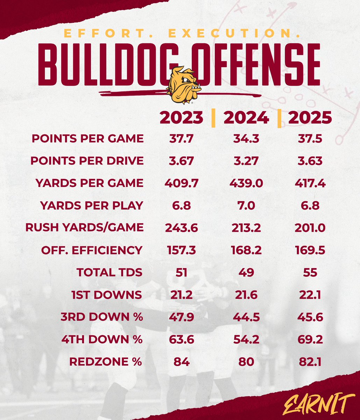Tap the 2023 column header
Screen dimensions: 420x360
click(181, 118)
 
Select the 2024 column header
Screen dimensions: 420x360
click(246, 118)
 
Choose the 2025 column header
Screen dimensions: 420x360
click(310, 118)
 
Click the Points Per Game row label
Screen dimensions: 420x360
click(87, 138)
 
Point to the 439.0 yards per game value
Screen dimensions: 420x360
click(246, 183)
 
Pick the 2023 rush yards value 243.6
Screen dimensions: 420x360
click(181, 228)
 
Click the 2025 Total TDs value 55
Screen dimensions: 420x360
click(310, 272)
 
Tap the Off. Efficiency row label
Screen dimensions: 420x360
click(92, 250)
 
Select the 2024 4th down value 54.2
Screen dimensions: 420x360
click(246, 339)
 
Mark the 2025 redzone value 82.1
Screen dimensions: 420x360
click(310, 362)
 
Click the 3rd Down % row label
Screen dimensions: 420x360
click(101, 317)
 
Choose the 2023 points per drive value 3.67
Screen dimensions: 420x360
click(181, 161)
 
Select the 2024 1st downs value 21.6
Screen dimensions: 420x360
click(246, 295)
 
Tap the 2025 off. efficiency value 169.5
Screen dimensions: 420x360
click(310, 250)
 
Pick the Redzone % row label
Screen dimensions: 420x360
click(106, 362)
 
